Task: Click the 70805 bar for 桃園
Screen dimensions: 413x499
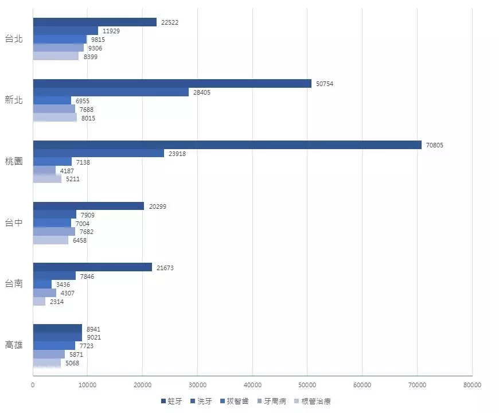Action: click(227, 145)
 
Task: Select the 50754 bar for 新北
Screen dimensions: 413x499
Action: click(172, 84)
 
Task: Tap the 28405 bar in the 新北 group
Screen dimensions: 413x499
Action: click(111, 92)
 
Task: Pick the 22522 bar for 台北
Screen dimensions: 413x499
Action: click(95, 22)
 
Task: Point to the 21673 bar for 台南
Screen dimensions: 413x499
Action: click(92, 267)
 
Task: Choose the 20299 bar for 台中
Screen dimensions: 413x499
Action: click(88, 206)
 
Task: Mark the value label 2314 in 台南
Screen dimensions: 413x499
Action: click(57, 302)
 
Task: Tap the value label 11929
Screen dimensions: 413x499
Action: click(112, 31)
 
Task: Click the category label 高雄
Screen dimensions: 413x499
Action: click(14, 345)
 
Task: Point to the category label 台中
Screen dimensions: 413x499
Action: click(14, 223)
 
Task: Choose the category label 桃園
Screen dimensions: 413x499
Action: click(14, 161)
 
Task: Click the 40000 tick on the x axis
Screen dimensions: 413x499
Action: click(252, 384)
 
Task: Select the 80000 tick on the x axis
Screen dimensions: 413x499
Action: click(472, 384)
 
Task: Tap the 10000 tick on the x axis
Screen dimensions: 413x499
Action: click(88, 384)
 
